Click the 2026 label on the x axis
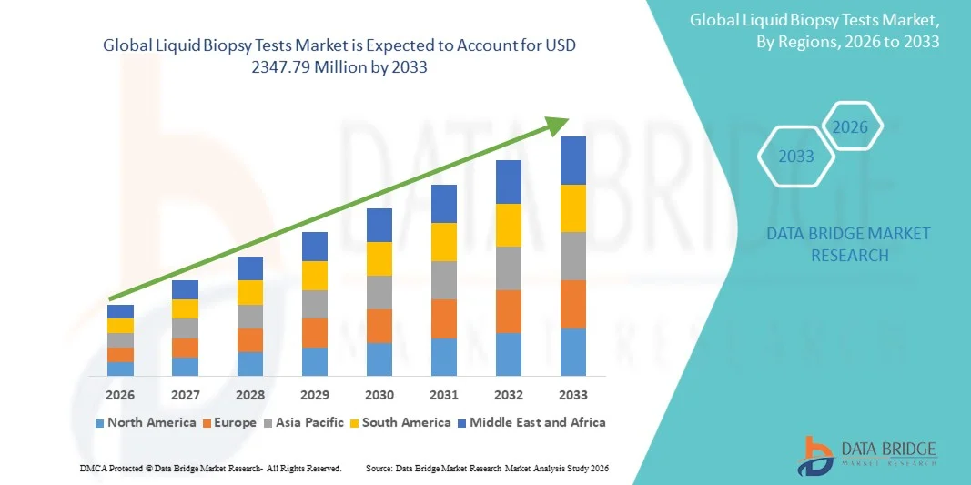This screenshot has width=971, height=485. point(120,395)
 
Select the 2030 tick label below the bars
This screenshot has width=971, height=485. point(379,395)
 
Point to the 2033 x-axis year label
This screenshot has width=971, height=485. point(573,395)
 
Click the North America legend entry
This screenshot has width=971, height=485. point(146,422)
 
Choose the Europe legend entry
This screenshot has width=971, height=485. point(230,422)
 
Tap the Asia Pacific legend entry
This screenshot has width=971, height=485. point(305,422)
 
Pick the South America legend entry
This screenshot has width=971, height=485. point(400,422)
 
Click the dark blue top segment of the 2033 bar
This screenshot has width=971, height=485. point(573,160)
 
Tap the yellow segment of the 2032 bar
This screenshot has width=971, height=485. point(509,225)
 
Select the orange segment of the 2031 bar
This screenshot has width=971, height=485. point(444,318)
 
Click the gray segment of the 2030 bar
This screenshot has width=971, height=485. point(379,292)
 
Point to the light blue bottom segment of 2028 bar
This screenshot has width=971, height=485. point(250,364)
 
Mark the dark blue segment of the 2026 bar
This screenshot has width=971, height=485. point(120,311)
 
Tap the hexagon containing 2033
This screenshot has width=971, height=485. point(796,157)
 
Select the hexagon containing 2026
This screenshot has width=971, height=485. point(851,127)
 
